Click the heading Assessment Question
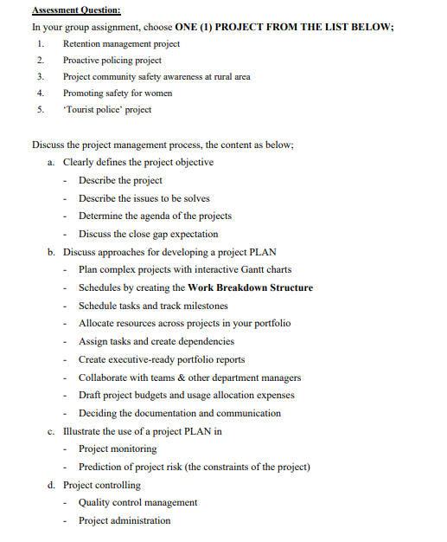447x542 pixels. point(76,10)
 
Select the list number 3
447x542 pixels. point(40,77)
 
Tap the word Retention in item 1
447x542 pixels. point(83,43)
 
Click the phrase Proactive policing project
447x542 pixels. point(112,61)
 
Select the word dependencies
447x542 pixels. point(203,341)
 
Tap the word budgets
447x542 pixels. point(157,395)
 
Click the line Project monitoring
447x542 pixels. point(118,448)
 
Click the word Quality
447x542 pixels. point(94,502)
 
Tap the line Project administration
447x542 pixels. point(125,520)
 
